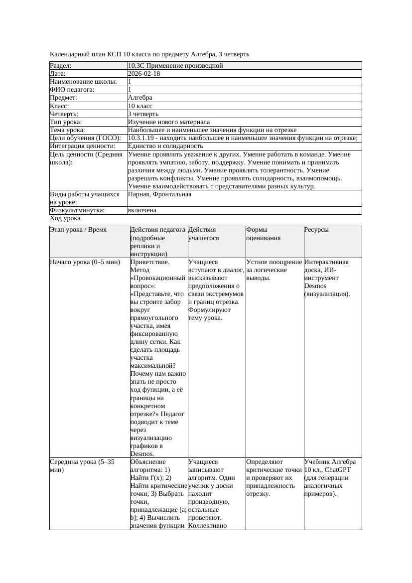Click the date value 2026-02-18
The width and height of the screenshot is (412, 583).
pos(144,74)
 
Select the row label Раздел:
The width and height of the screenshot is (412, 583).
pos(61,66)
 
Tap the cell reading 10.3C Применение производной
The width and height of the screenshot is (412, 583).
pos(175,66)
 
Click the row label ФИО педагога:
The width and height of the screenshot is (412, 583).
pos(72,90)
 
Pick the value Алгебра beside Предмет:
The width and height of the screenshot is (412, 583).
pos(140,98)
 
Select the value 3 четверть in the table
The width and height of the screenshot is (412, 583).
pos(143,114)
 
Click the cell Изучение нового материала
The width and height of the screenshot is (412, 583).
pos(169,122)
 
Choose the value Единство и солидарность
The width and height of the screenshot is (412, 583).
pos(165,146)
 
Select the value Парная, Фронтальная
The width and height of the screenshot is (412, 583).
pos(159,194)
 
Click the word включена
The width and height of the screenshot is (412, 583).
pos(142,210)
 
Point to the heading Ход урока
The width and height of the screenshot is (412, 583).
pos(65,218)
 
